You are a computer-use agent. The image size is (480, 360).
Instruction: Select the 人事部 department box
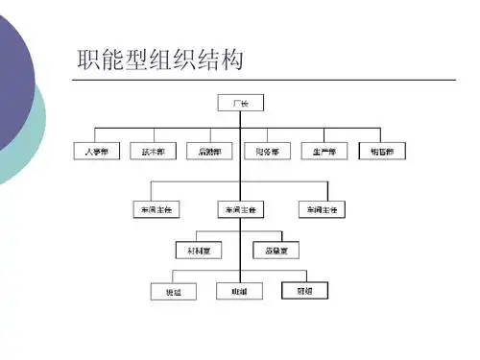point(95,151)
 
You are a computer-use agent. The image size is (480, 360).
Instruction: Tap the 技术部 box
point(152,151)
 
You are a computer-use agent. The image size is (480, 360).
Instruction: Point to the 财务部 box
point(266,151)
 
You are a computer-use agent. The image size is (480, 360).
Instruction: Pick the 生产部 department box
point(323,151)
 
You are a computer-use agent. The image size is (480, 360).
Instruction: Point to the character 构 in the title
point(229,60)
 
